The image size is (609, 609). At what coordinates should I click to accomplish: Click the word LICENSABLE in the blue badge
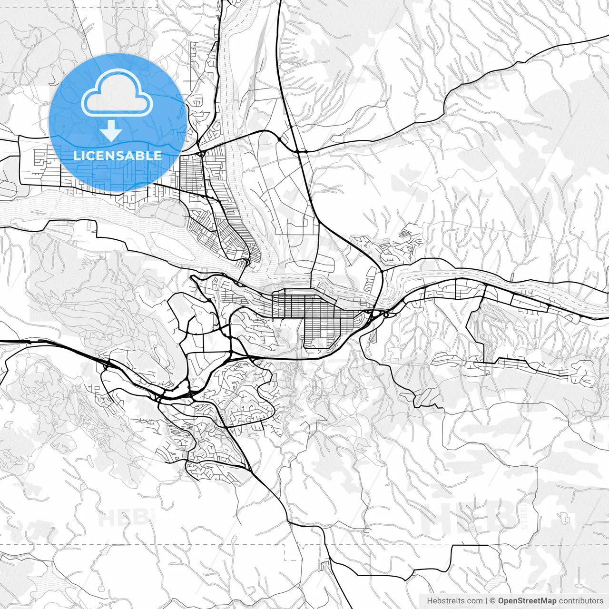coord(117,156)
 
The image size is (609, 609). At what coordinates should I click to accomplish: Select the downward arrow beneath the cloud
coord(111,130)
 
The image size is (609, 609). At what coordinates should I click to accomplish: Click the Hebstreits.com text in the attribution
coord(454,601)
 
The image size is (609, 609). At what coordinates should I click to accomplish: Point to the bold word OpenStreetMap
coord(527,601)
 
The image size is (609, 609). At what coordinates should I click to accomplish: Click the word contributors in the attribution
coord(581,601)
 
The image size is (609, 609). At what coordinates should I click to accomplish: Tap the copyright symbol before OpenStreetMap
coord(493,601)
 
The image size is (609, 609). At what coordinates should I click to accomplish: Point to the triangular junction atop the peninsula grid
coord(202,153)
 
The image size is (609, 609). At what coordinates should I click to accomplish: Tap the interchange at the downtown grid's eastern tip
coord(376,314)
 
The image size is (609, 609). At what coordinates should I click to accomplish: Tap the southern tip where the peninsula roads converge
coord(247,262)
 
